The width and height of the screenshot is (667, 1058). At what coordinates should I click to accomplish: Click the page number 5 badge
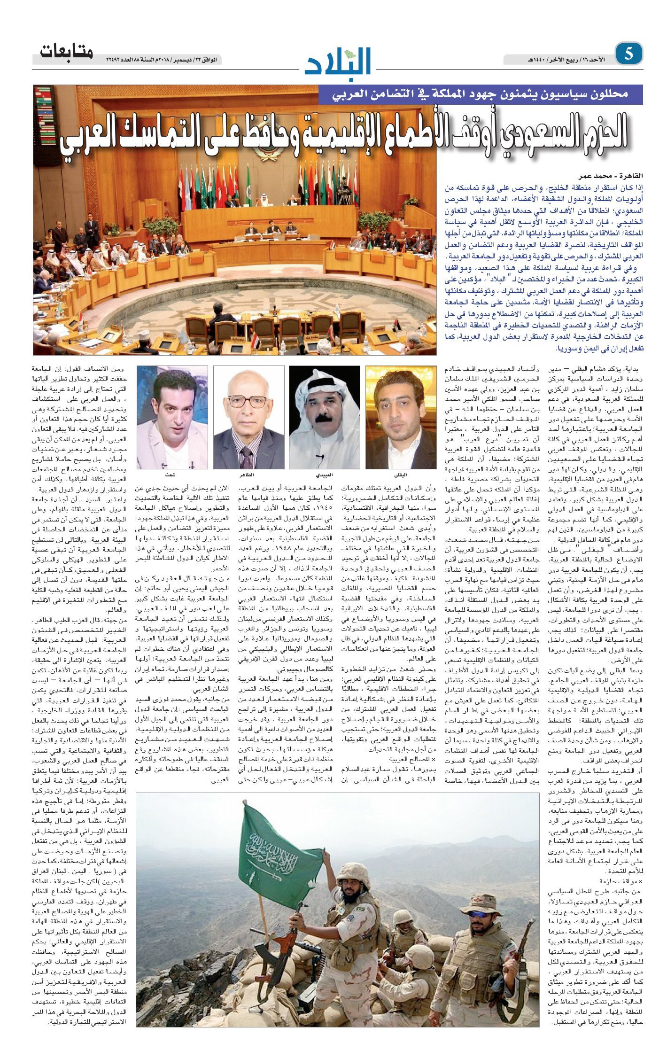pyautogui.click(x=628, y=55)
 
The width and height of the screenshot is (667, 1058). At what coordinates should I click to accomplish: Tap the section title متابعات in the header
pyautogui.click(x=67, y=52)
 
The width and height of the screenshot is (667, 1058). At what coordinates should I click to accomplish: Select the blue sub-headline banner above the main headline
pyautogui.click(x=480, y=94)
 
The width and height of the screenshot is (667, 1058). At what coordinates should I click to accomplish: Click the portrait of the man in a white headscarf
pyautogui.click(x=324, y=417)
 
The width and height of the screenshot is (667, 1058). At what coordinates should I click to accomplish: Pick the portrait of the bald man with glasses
pyautogui.click(x=248, y=417)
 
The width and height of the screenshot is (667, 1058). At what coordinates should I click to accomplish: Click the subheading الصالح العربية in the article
pyautogui.click(x=411, y=759)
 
